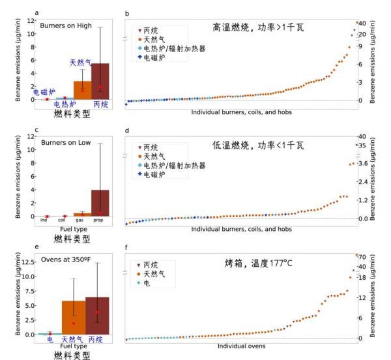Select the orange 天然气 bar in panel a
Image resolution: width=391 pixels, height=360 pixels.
click(82, 90)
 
